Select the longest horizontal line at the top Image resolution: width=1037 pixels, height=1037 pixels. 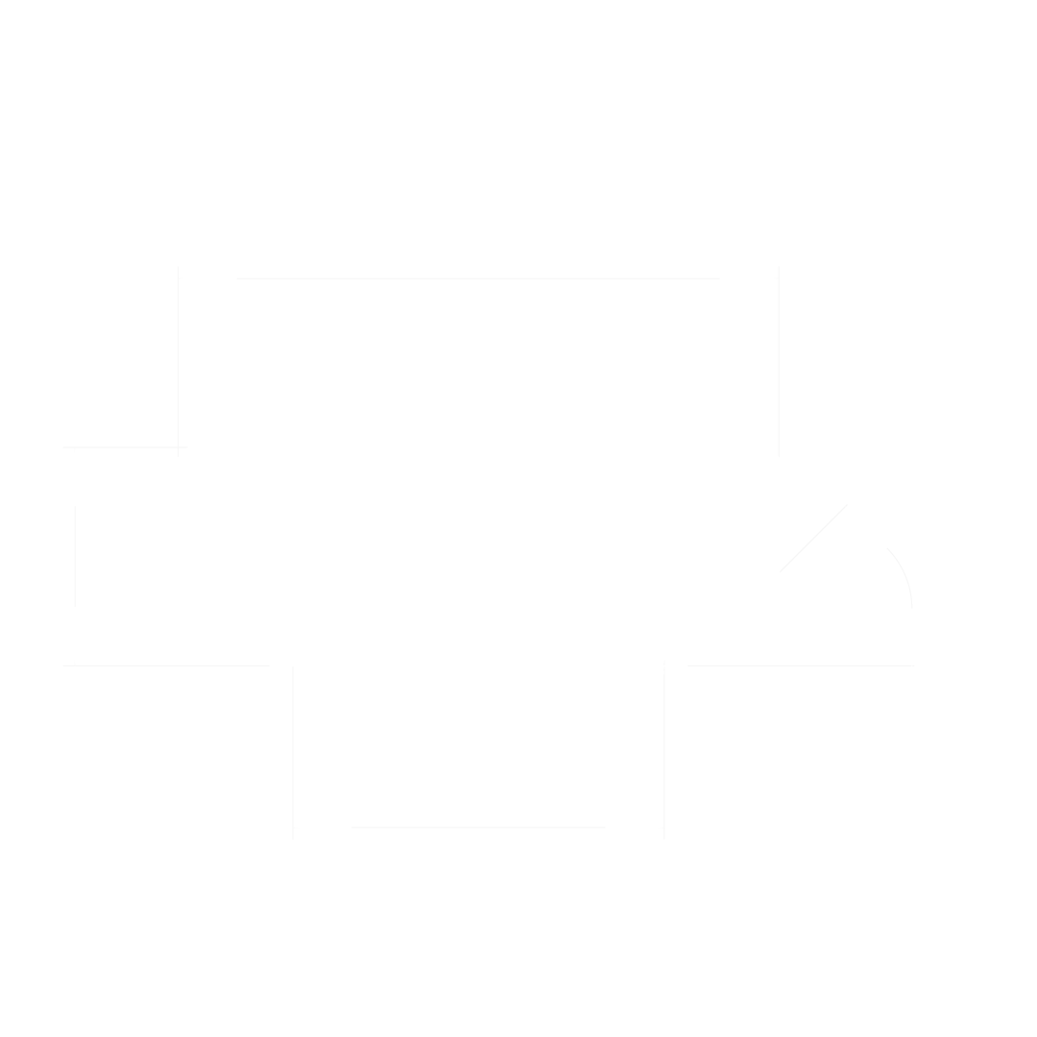(x=478, y=278)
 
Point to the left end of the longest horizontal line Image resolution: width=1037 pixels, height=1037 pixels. (x=237, y=278)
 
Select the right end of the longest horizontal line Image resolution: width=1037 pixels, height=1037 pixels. (x=718, y=278)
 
